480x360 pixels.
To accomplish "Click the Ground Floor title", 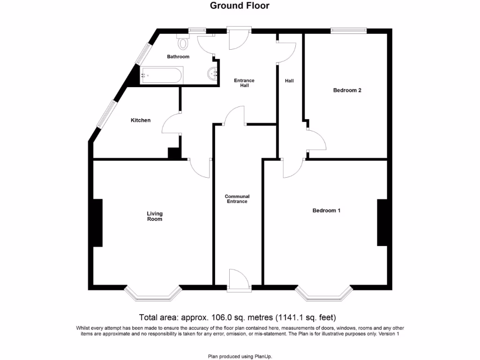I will pyautogui.click(x=240, y=6).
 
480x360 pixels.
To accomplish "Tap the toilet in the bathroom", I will pyautogui.click(x=183, y=43).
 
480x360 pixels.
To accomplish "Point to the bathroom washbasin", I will pyautogui.click(x=213, y=74).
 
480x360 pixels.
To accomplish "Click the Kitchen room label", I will pyautogui.click(x=141, y=120).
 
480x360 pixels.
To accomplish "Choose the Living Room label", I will pyautogui.click(x=155, y=216).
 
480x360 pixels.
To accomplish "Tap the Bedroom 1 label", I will pyautogui.click(x=326, y=211).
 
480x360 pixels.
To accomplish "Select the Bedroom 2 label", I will pyautogui.click(x=347, y=90).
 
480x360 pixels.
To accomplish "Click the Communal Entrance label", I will pyautogui.click(x=237, y=199).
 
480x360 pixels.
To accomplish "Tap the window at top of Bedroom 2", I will pyautogui.click(x=348, y=31).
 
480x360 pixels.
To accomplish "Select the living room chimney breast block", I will pyautogui.click(x=97, y=223).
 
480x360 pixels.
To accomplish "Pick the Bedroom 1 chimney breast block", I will pyautogui.click(x=382, y=223).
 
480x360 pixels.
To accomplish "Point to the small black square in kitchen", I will pyautogui.click(x=174, y=153).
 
